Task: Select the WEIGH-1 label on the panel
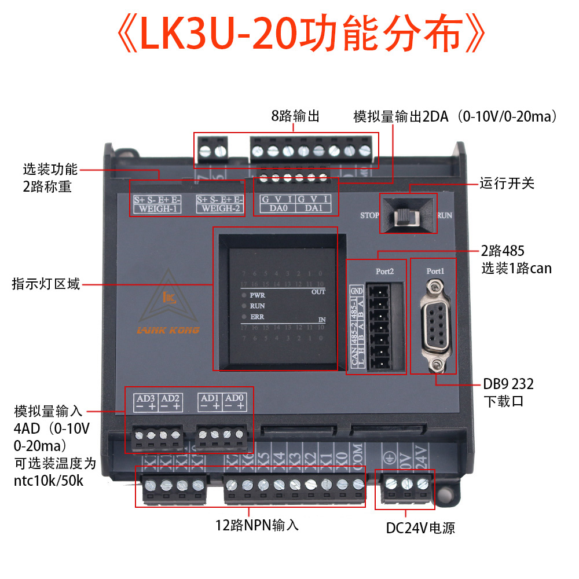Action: (x=156, y=208)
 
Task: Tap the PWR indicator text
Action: (x=258, y=295)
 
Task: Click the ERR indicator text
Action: (x=258, y=316)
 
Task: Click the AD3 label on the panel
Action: (x=145, y=398)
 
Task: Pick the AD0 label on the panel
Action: (x=234, y=398)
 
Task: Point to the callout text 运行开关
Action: (x=507, y=184)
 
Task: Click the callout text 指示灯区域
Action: (x=46, y=284)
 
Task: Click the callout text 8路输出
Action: (x=295, y=116)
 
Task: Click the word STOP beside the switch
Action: (x=369, y=215)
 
